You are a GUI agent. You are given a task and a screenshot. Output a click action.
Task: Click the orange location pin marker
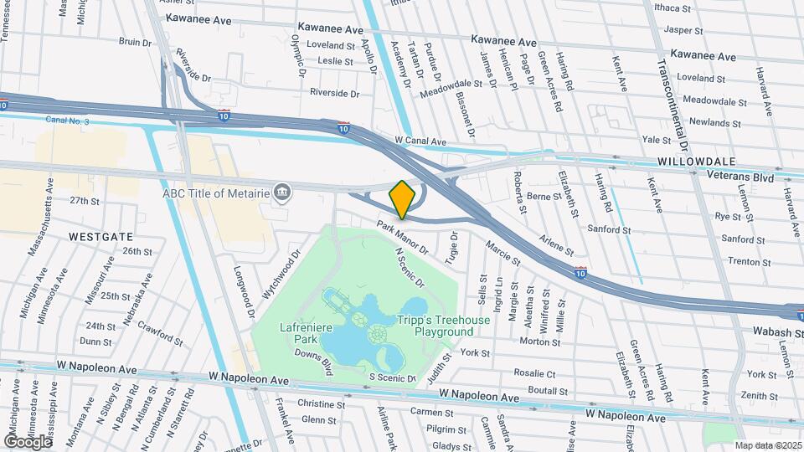coord(402,199)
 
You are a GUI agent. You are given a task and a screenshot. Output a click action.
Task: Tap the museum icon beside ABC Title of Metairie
coord(283,193)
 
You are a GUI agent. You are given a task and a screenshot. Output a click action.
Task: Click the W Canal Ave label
coord(420,141)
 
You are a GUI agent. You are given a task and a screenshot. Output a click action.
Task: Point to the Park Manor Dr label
coord(402,237)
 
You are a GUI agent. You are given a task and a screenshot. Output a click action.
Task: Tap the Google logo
coord(28,441)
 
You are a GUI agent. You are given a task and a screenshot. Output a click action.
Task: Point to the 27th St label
coord(85,201)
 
